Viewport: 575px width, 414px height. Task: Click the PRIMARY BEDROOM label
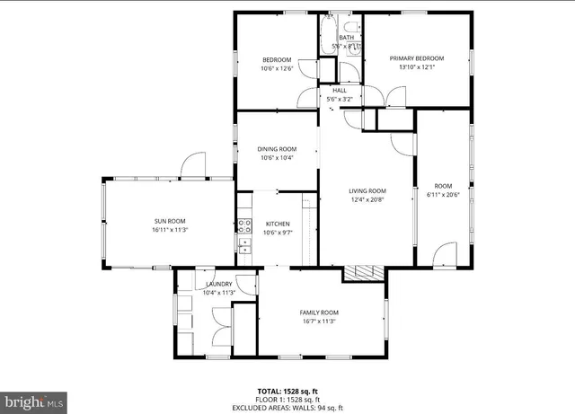[x=416, y=59]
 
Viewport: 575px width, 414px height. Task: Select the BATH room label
[x=346, y=38]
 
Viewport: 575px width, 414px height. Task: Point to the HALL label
[x=340, y=91]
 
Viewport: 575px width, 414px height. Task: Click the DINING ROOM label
[x=277, y=149]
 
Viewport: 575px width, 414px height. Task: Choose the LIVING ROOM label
[x=367, y=190]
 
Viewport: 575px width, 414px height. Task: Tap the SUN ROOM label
[x=169, y=221]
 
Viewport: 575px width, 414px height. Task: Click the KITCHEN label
[x=278, y=224]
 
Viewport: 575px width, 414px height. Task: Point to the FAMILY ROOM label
[x=319, y=313]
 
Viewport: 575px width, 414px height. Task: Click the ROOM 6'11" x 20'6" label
[x=444, y=186]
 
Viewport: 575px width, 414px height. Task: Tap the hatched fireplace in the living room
[x=365, y=273]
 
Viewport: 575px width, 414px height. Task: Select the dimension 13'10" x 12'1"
[x=416, y=66]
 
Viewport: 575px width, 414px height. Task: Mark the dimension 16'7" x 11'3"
[x=319, y=321]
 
